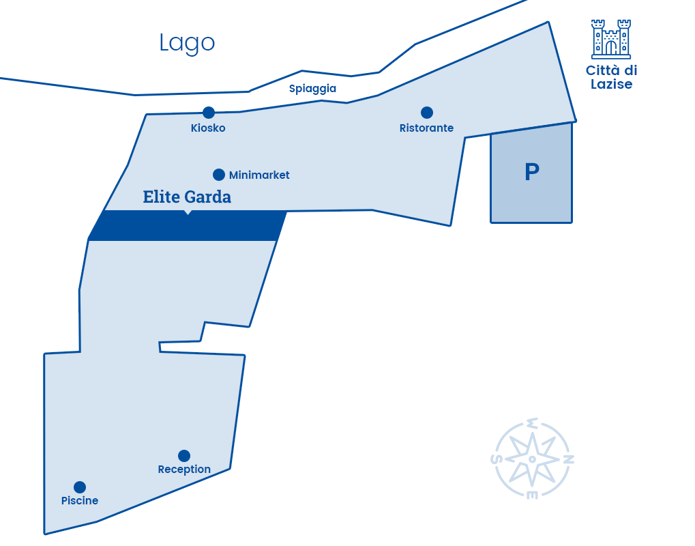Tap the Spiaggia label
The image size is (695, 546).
click(312, 89)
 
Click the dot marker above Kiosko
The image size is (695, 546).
click(208, 113)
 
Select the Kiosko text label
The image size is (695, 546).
click(208, 128)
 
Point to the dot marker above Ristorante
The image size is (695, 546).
click(427, 113)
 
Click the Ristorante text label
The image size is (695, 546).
click(426, 128)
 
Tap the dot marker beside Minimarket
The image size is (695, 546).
click(218, 175)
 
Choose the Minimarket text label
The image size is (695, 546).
click(259, 175)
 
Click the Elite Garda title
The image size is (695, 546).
click(187, 197)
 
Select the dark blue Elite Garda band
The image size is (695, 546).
click(188, 226)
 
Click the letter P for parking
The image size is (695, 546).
click(532, 172)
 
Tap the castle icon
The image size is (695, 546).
click(611, 39)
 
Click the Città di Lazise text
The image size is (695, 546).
click(611, 77)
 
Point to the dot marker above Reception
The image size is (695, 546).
click(184, 455)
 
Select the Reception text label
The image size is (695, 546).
click(184, 470)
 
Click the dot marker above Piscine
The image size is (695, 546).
click(80, 487)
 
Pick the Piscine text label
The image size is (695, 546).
click(80, 501)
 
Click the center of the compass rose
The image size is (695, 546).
click(532, 459)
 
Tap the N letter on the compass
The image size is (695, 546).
click(569, 459)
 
